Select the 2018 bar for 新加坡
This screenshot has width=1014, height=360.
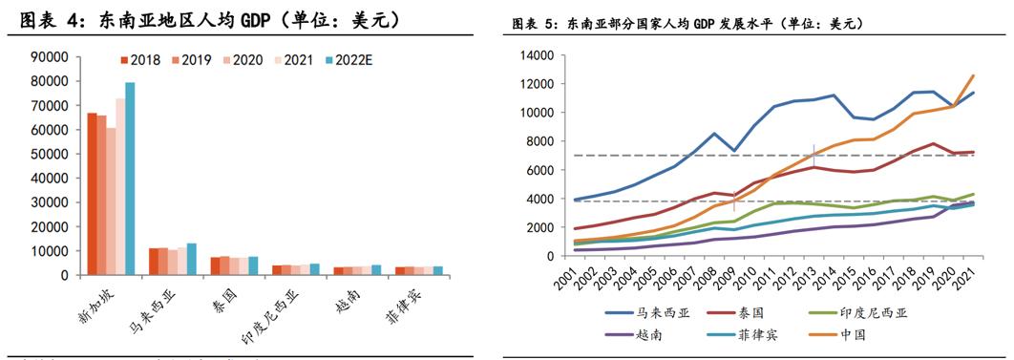92,194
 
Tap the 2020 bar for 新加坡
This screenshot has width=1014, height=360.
111,201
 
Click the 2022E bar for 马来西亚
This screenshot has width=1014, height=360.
191,259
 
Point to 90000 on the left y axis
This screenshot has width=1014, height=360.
48,57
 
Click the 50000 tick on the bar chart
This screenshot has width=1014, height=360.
48,154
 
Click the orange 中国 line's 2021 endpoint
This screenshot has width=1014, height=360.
973,75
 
